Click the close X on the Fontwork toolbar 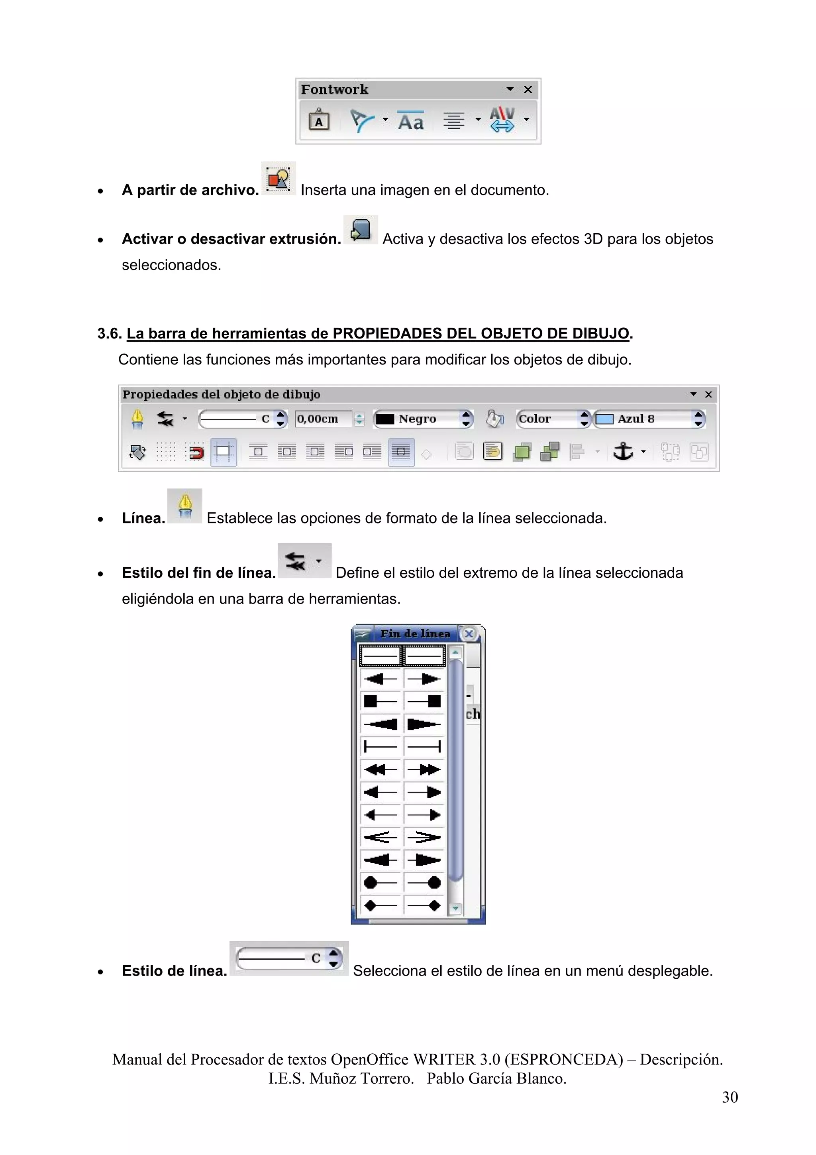point(528,90)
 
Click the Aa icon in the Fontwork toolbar point(411,121)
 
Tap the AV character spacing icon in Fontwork point(502,120)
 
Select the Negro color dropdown point(423,419)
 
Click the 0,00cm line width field point(324,419)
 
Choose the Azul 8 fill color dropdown point(649,419)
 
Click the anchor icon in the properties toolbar point(623,451)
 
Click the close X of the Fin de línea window point(469,634)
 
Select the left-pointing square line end point(381,701)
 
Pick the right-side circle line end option point(424,883)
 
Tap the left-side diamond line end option point(381,906)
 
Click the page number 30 point(730,1097)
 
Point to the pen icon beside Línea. point(185,506)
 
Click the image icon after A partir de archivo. point(279,179)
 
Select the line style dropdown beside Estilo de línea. point(288,958)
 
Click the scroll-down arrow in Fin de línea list point(455,908)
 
